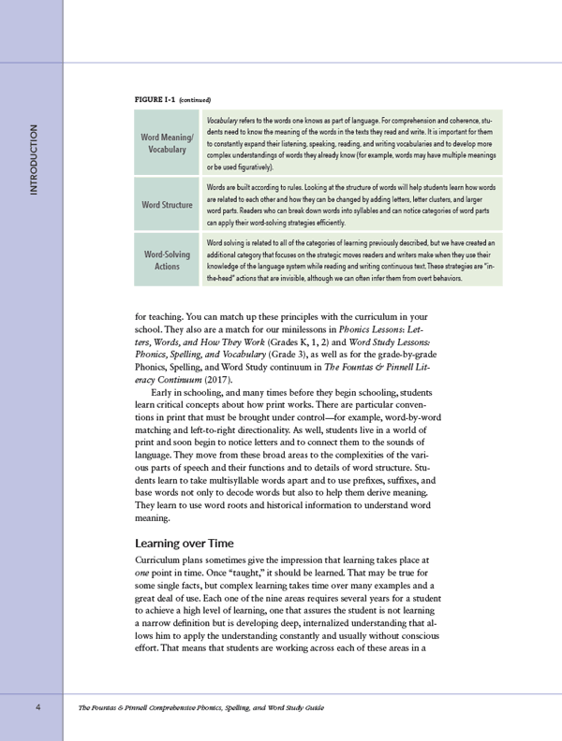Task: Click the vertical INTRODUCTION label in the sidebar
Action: [34, 159]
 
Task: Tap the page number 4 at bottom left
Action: [37, 707]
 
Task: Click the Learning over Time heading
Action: [185, 542]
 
